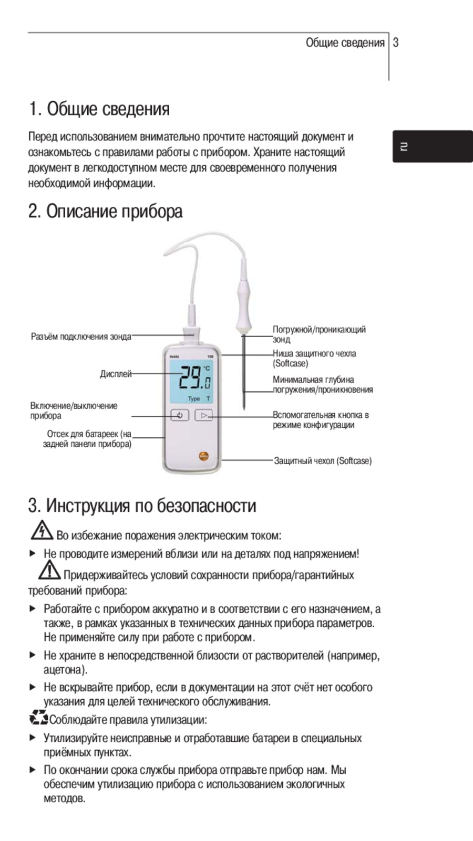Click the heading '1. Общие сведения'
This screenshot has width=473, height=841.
99,109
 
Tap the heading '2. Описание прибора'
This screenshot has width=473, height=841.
106,212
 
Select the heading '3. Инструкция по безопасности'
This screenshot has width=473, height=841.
142,506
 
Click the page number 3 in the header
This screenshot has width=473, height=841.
396,43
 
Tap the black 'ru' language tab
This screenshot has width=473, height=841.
432,146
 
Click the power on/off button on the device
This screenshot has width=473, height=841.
180,415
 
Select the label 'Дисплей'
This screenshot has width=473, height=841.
116,374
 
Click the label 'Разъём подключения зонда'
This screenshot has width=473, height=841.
81,337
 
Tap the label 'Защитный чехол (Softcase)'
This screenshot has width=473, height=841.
323,461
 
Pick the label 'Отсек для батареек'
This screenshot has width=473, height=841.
88,439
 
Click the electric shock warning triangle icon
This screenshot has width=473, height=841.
41,531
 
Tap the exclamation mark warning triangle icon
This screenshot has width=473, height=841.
49,570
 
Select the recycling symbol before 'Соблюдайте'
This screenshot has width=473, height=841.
38,717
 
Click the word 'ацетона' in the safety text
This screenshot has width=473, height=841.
64,670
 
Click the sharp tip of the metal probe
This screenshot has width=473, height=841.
244,408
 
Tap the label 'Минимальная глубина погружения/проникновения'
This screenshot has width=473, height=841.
322,384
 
